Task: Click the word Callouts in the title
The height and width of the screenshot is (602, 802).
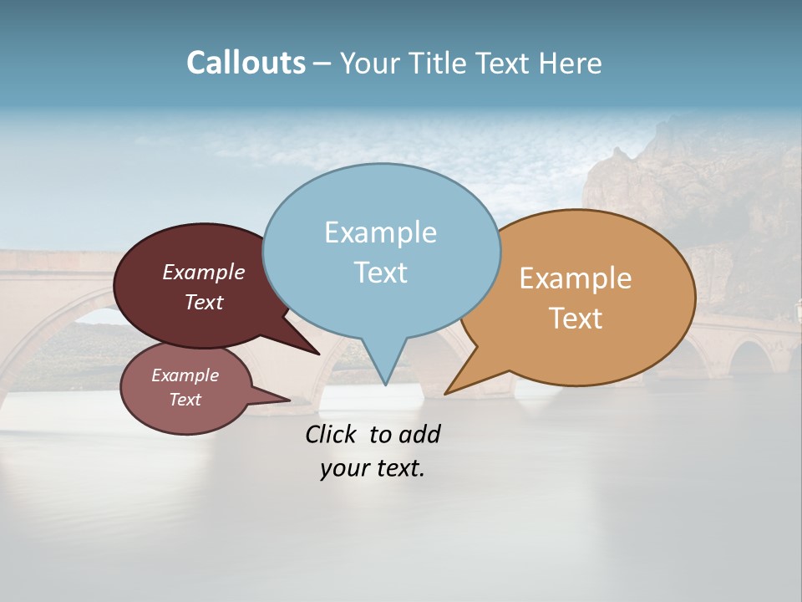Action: click(x=246, y=63)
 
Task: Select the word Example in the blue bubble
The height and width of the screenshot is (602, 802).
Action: click(x=380, y=232)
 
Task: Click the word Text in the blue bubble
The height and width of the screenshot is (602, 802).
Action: click(x=380, y=273)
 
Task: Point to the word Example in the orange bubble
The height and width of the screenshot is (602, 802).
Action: click(x=576, y=278)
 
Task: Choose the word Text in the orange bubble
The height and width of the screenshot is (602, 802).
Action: click(x=576, y=319)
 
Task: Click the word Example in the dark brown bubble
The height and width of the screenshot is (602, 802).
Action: click(x=204, y=273)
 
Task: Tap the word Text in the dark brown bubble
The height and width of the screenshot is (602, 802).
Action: click(x=204, y=303)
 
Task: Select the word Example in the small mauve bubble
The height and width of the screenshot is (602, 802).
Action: click(x=185, y=376)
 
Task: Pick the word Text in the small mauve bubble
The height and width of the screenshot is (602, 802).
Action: click(x=185, y=400)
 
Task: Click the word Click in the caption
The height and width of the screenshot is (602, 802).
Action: click(x=332, y=435)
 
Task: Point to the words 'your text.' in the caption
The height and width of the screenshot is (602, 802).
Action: click(x=373, y=469)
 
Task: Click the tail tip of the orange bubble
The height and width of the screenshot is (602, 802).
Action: click(x=445, y=393)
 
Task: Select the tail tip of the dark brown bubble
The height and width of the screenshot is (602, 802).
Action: click(x=319, y=354)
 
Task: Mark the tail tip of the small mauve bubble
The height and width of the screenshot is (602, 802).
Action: click(x=289, y=400)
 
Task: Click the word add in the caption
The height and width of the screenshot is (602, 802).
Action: click(x=419, y=435)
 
